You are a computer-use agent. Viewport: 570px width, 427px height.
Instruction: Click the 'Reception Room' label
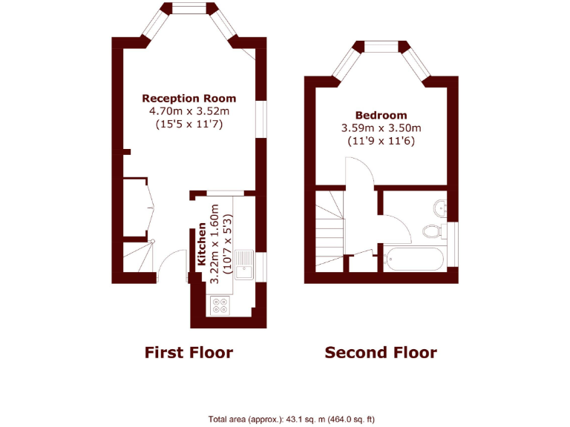coord(189,98)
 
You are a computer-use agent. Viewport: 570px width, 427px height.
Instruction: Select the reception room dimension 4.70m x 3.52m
coord(189,111)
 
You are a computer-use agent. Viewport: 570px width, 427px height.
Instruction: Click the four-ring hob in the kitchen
coord(220,305)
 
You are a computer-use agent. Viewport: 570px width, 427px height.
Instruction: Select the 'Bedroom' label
coord(381,115)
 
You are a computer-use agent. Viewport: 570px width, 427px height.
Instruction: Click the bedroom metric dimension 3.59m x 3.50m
coord(381,128)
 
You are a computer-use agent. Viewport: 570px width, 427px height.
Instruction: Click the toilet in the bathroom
coord(433,231)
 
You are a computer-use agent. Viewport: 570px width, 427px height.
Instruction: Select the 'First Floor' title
coord(189,352)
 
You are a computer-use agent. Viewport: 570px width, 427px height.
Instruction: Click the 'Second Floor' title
coord(381,352)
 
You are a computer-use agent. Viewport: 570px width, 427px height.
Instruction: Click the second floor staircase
coord(328,230)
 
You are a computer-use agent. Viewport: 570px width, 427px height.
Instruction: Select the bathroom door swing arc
coord(398,227)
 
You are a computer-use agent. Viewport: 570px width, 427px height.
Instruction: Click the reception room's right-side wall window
coord(261,119)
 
